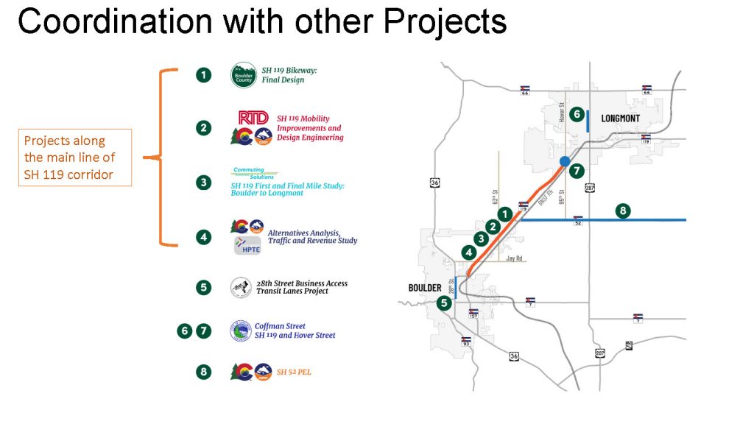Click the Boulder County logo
click(244, 75)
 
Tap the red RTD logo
click(253, 118)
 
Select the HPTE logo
click(247, 247)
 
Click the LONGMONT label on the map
click(620, 118)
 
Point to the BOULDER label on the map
click(425, 288)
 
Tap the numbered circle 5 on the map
click(443, 302)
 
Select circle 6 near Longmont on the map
click(577, 114)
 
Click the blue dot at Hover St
click(564, 161)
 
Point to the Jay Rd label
click(514, 258)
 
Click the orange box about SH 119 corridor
click(74, 158)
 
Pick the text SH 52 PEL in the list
click(294, 372)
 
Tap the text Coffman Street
click(280, 326)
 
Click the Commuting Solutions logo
click(248, 172)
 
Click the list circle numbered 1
click(203, 75)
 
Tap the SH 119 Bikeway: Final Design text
click(283, 75)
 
